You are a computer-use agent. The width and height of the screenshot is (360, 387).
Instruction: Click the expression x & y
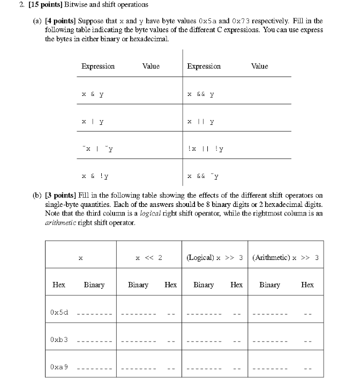click(93, 94)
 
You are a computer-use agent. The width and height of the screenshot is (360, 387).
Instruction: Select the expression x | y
click(93, 122)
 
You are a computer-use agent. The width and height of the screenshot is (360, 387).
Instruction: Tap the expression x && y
click(201, 94)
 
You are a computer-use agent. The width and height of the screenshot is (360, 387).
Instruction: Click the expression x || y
click(201, 122)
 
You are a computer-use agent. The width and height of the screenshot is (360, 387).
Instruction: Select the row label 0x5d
click(59, 312)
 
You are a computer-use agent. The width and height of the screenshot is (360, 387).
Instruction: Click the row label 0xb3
click(59, 339)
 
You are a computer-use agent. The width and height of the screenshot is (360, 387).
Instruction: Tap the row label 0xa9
click(59, 367)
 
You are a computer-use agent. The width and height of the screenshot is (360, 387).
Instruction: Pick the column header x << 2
click(149, 258)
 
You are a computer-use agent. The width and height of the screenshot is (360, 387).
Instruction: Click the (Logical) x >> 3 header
click(215, 258)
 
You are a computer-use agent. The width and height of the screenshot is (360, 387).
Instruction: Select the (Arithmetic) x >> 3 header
click(286, 258)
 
